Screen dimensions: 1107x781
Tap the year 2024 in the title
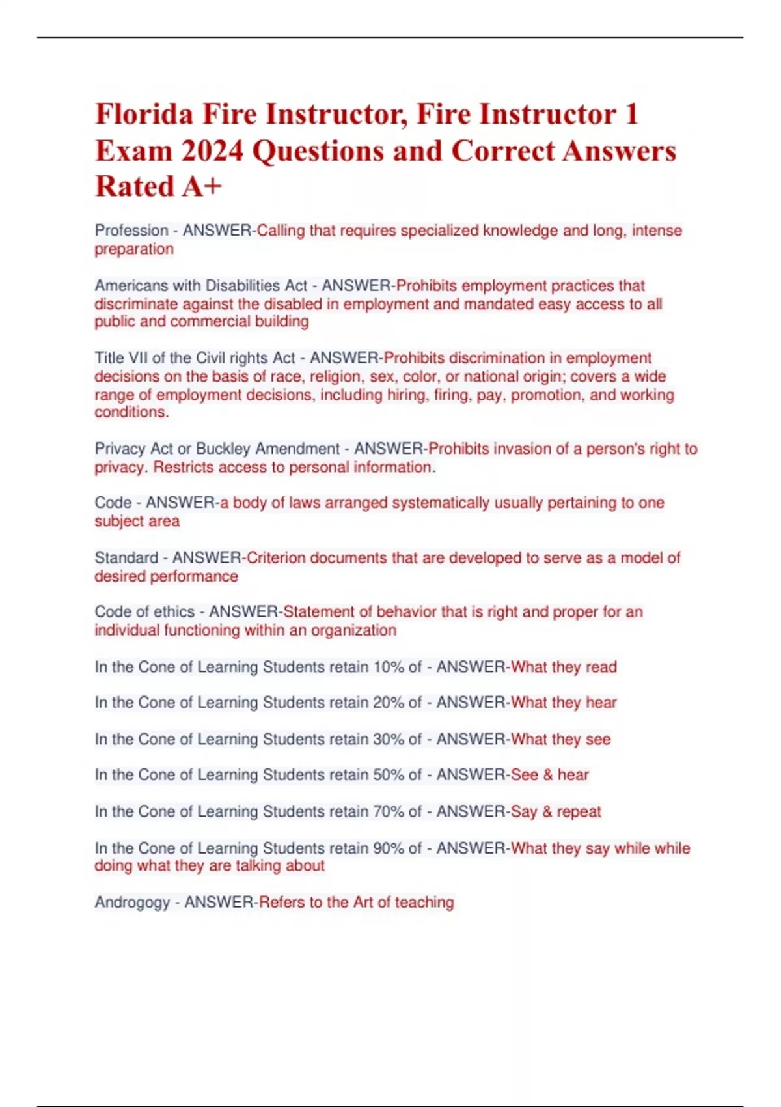coord(212,150)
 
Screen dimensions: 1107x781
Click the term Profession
coord(131,231)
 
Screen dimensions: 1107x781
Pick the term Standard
coord(126,557)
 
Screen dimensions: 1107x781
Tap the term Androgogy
coord(132,903)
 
